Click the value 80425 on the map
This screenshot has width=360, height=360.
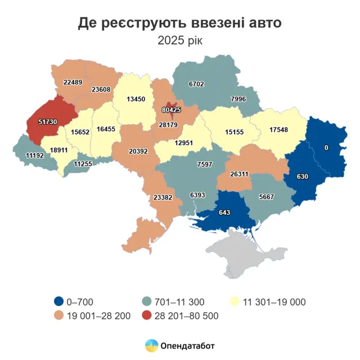coord(171,110)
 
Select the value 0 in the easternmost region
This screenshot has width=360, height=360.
coord(326,147)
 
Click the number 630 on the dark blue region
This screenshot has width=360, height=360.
coord(302,177)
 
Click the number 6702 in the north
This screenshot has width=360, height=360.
coord(197,84)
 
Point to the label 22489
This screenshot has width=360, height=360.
coord(73,82)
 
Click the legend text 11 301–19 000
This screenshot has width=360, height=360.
coord(274,302)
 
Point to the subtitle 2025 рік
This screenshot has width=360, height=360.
coord(179,40)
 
